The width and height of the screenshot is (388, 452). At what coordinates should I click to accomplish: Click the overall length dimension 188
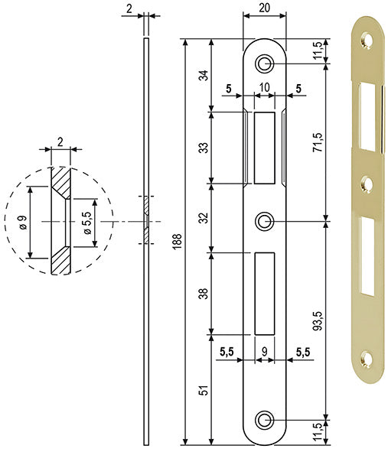click(178, 241)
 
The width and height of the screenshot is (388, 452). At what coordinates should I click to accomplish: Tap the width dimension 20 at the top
click(264, 8)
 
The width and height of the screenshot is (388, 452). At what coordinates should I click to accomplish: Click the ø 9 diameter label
click(23, 222)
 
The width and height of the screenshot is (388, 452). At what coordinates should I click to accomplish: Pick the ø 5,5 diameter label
click(87, 223)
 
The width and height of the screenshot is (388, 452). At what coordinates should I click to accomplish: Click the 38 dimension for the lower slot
click(204, 294)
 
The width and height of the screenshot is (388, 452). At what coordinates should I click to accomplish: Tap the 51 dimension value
click(204, 390)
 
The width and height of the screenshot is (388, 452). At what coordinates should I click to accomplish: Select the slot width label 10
click(264, 87)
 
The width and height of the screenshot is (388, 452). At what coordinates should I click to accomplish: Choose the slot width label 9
click(264, 351)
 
